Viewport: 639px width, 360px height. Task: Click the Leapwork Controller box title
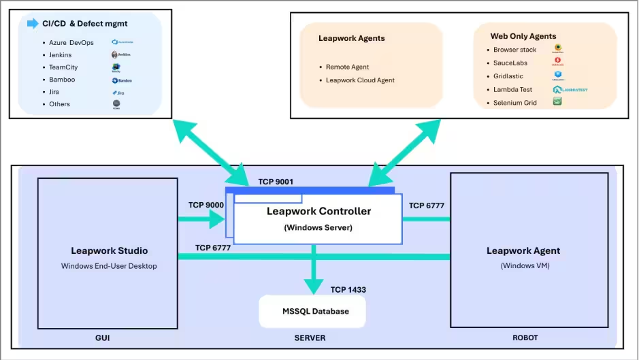[x=318, y=212]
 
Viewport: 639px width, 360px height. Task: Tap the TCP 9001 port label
[x=276, y=182]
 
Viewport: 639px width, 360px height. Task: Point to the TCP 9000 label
[x=206, y=205]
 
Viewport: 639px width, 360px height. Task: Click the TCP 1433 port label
[x=348, y=290]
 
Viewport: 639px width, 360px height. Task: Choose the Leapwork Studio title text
[x=109, y=251]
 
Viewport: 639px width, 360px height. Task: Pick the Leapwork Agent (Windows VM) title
[x=523, y=251]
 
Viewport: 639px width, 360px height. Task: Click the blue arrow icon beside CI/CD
[x=33, y=24]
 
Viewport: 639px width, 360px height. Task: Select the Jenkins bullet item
[x=60, y=55]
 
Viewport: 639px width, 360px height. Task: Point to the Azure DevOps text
[x=71, y=43]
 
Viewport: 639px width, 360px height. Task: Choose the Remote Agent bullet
[x=347, y=67]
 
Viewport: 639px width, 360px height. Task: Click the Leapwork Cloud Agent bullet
[x=360, y=80]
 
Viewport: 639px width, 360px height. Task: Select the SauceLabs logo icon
[x=557, y=62]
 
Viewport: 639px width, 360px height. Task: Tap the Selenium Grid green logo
[x=557, y=102]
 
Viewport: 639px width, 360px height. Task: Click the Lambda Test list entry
[x=512, y=90]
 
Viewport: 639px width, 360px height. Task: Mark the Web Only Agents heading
[x=523, y=36]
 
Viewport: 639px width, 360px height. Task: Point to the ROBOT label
[x=525, y=338]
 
